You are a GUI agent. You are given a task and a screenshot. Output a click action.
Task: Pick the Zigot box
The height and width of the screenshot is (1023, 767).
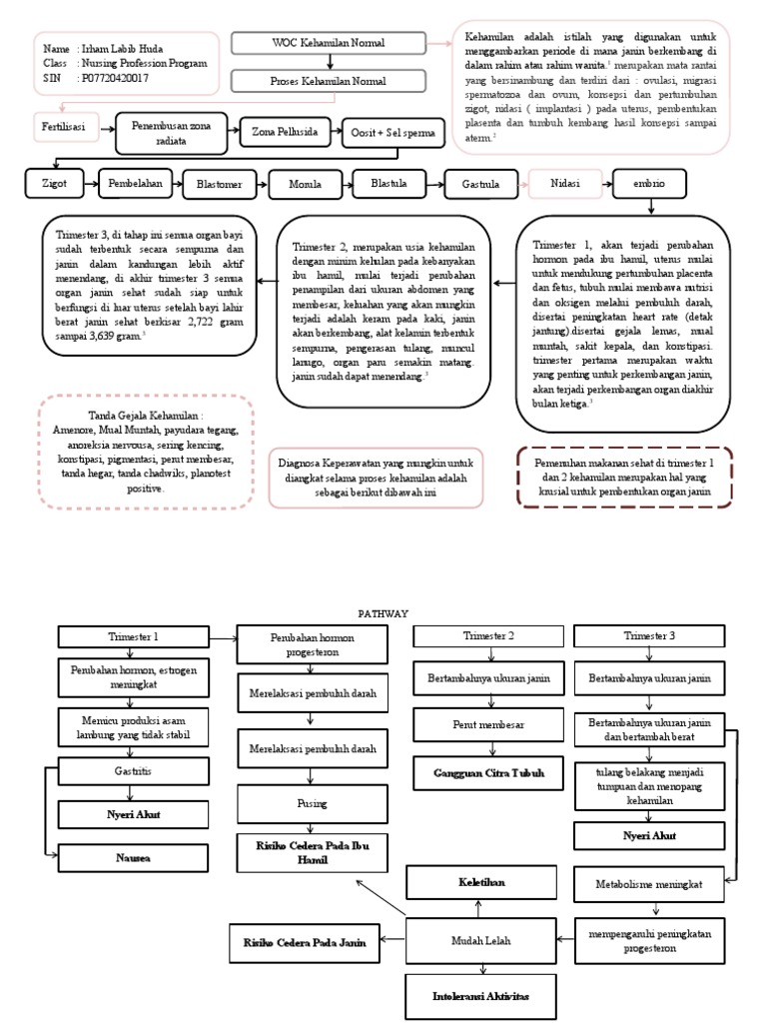point(55,185)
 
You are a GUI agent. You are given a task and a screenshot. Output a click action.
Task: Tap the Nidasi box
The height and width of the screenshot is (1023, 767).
point(561,185)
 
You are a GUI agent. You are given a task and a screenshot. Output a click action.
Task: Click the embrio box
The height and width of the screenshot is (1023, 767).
point(650,185)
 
